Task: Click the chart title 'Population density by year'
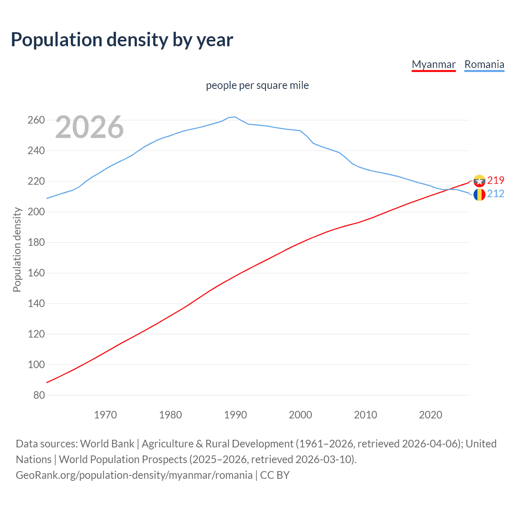pos(122,40)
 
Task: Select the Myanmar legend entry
pos(433,64)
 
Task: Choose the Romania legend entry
pos(484,64)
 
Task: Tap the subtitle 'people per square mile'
pos(257,86)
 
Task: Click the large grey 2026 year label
pos(89,127)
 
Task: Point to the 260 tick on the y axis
pos(36,120)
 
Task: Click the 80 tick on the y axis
pos(39,395)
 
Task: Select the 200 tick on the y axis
pos(36,212)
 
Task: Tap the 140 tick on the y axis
pos(36,304)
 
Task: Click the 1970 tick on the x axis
pos(105,415)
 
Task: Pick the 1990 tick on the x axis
pos(235,415)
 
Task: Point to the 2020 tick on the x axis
pos(431,415)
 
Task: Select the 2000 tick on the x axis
pos(301,415)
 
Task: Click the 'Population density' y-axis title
pos(17,249)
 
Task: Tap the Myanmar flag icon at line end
pos(479,181)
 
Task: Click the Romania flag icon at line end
pos(479,195)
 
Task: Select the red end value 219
pos(496,180)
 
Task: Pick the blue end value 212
pos(496,194)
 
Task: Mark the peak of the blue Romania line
pos(235,117)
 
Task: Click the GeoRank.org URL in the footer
pos(134,475)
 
